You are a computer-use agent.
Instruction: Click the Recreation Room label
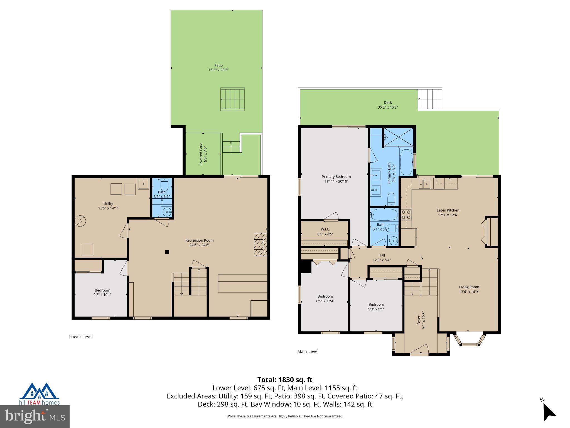pyautogui.click(x=200, y=240)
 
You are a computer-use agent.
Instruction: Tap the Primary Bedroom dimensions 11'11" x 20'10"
pyautogui.click(x=336, y=181)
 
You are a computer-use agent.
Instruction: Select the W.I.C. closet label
pyautogui.click(x=325, y=229)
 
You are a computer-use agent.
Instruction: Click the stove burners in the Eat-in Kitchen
pyautogui.click(x=406, y=215)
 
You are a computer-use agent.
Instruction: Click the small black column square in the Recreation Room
pyautogui.click(x=167, y=252)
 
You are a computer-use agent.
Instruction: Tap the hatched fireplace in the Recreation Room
pyautogui.click(x=261, y=244)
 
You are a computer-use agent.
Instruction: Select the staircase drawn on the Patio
pyautogui.click(x=232, y=99)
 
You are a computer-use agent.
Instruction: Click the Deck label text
pyautogui.click(x=388, y=103)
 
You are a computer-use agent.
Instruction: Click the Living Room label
pyautogui.click(x=469, y=287)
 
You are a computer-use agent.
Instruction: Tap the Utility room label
pyautogui.click(x=108, y=203)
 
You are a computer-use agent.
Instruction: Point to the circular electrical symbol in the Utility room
pyautogui.click(x=81, y=221)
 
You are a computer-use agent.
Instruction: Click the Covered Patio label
pyautogui.click(x=201, y=154)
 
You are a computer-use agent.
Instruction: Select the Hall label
pyautogui.click(x=382, y=255)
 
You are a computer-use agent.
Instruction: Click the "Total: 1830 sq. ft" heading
pyautogui.click(x=285, y=380)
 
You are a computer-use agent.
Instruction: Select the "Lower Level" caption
pyautogui.click(x=81, y=337)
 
